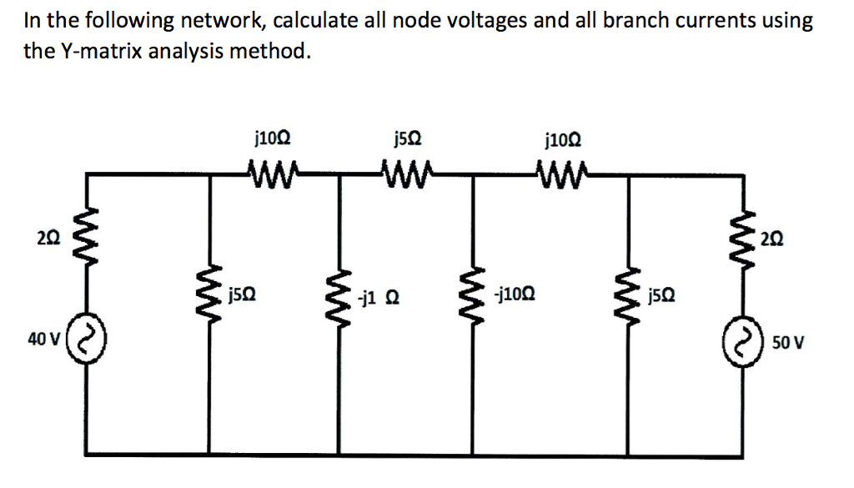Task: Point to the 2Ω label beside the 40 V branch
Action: (50, 241)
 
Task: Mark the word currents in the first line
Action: (741, 21)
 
